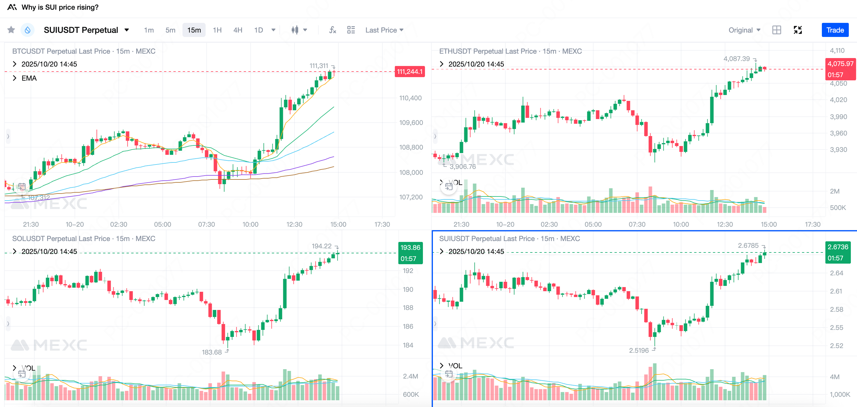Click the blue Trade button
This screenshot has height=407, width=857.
click(835, 30)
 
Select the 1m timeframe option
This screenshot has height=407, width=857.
click(149, 30)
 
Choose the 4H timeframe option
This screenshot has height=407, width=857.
click(238, 30)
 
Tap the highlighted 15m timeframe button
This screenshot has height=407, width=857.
click(194, 30)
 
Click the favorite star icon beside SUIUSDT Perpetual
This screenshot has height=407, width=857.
click(11, 30)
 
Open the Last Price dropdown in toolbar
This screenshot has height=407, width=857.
click(384, 30)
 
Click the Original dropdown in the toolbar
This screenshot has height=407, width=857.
click(744, 30)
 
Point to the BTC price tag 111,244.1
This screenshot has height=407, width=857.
click(409, 72)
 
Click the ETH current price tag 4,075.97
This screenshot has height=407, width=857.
click(840, 64)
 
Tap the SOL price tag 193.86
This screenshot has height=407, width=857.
click(410, 247)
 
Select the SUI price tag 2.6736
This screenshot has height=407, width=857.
click(838, 247)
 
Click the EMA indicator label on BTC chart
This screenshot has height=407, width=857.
click(29, 78)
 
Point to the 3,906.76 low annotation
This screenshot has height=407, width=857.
click(462, 167)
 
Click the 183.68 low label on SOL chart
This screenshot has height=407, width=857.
click(211, 352)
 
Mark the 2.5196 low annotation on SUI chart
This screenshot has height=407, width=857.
click(639, 350)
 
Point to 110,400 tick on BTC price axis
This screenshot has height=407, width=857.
click(410, 98)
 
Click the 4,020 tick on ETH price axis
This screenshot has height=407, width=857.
click(838, 100)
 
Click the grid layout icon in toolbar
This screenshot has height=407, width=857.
click(776, 30)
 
